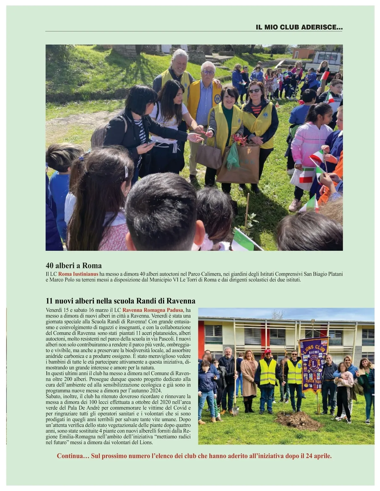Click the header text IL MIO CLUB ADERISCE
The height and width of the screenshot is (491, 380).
(x=299, y=28)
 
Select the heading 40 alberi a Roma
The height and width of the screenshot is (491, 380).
(x=73, y=265)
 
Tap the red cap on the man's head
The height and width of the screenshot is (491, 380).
(x=268, y=351)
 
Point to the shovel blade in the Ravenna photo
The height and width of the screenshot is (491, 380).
(x=235, y=411)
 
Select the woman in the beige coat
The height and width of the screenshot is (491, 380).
(x=249, y=377)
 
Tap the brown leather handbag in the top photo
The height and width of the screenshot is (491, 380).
(x=209, y=156)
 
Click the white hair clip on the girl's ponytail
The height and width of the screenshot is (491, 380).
(x=126, y=173)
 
